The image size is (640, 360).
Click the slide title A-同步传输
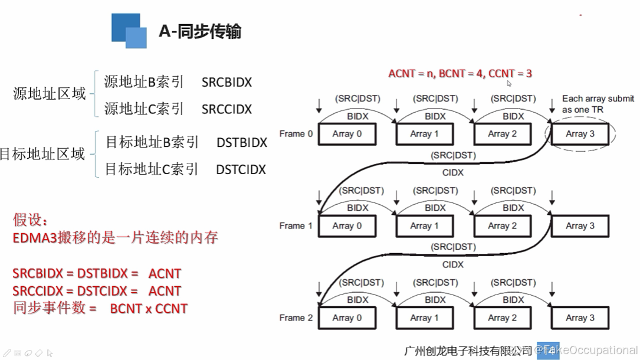(200, 31)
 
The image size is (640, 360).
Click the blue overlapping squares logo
(129, 31)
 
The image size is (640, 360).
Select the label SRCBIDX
(227, 82)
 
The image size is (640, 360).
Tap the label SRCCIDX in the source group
(227, 109)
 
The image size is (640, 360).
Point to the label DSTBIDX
(242, 143)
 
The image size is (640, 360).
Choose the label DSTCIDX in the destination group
(241, 170)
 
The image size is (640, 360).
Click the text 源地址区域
(50, 94)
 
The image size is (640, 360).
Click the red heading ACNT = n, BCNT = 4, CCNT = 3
(460, 74)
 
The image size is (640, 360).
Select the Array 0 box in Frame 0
(347, 134)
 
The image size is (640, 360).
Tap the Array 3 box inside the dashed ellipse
(580, 134)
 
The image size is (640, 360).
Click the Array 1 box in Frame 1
(424, 226)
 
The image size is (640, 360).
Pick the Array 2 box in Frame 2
(502, 318)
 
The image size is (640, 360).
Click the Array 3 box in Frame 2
(580, 318)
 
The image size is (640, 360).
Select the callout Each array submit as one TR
(598, 104)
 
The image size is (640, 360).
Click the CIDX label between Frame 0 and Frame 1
(452, 173)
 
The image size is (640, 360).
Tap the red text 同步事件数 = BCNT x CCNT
(100, 308)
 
